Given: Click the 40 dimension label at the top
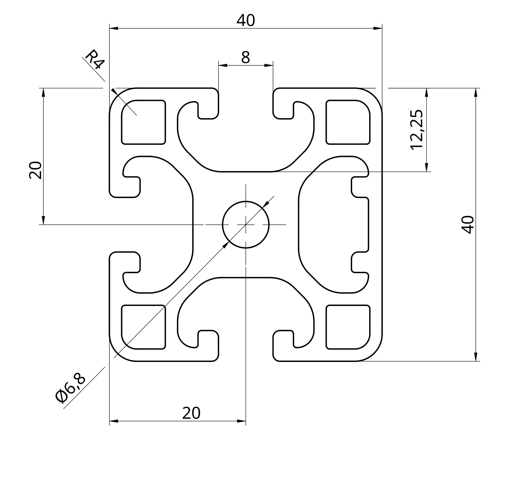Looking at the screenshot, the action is [246, 21].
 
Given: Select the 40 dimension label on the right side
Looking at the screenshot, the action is [467, 225].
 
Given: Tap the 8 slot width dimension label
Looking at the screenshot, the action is [246, 57].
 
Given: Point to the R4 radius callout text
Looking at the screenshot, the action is [95, 60].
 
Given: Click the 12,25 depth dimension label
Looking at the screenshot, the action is [417, 130].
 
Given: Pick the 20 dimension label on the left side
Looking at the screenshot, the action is [36, 170].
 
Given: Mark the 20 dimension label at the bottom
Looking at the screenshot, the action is [191, 413].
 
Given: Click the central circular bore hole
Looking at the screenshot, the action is [246, 225].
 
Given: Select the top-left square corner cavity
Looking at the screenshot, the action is [144, 122].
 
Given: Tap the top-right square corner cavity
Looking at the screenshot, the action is [348, 122].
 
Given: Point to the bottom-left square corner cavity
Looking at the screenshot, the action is [144, 327].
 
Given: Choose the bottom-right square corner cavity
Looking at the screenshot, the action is [348, 327].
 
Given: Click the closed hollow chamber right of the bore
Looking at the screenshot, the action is [333, 225].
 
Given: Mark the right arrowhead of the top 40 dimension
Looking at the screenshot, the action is [378, 28].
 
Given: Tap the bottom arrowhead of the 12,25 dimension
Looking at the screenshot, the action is [426, 167].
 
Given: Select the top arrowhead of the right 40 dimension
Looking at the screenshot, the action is [476, 92].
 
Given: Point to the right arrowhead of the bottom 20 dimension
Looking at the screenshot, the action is [241, 421].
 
